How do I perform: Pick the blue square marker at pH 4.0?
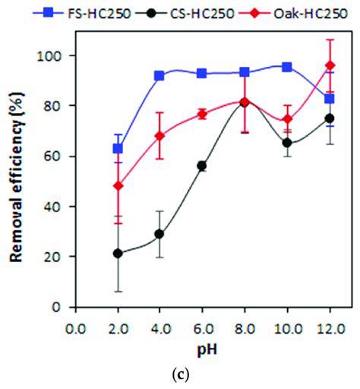point(159,76)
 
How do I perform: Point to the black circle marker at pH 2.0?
point(118,254)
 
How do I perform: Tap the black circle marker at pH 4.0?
point(159,234)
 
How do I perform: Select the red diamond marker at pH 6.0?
point(202,114)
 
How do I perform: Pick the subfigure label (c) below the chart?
point(202,374)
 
